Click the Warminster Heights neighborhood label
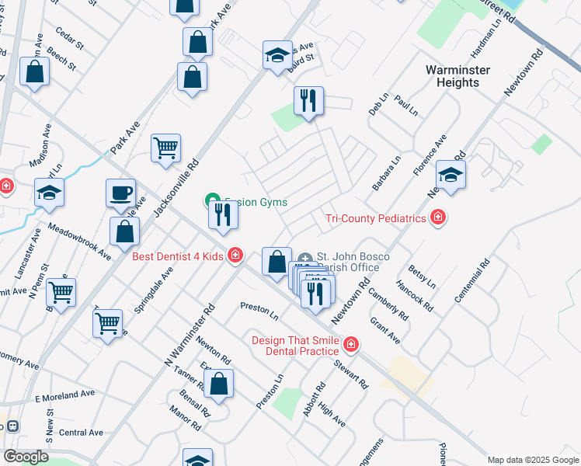pyautogui.click(x=456, y=76)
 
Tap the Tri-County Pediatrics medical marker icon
pyautogui.click(x=438, y=218)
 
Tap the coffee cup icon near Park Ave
pyautogui.click(x=121, y=193)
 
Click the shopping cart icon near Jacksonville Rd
pyautogui.click(x=165, y=147)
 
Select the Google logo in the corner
pyautogui.click(x=26, y=457)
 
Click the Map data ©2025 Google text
pyautogui.click(x=532, y=460)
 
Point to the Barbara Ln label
pyautogui.click(x=386, y=173)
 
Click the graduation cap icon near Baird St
pyautogui.click(x=277, y=54)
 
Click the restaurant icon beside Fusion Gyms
pyautogui.click(x=223, y=214)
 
